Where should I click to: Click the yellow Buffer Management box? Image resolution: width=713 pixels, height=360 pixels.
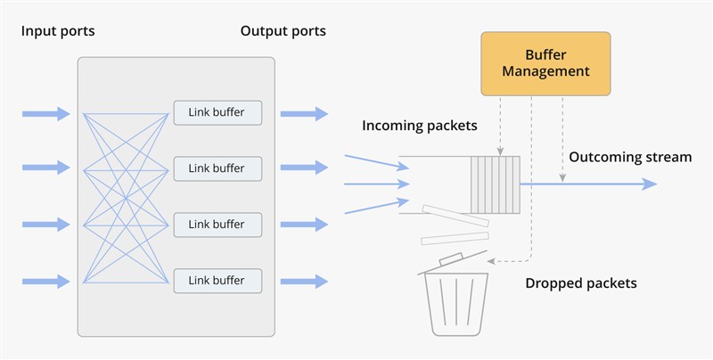tap(545, 63)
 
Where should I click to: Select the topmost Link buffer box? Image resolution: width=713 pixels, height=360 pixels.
tap(217, 113)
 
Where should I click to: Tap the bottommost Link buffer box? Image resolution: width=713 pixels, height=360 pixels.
tap(217, 281)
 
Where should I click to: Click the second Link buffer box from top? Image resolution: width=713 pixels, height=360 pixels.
tap(217, 168)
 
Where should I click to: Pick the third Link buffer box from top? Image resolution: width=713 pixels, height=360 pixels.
tap(217, 225)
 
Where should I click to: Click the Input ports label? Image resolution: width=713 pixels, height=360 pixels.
tap(58, 31)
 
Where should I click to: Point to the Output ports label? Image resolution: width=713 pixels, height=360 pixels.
tap(283, 31)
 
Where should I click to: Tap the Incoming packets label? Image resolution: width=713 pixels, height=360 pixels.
tap(420, 126)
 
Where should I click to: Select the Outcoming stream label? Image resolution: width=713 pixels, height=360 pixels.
tap(630, 157)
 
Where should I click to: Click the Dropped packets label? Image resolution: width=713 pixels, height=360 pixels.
tap(581, 283)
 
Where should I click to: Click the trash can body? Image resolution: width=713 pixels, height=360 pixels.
tap(456, 304)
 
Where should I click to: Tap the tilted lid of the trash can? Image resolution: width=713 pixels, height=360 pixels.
tap(453, 262)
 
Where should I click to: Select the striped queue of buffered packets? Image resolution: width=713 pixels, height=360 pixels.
tap(496, 184)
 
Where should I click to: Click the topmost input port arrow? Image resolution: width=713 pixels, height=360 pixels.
tap(46, 114)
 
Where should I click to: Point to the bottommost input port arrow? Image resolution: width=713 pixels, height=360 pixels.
tap(46, 282)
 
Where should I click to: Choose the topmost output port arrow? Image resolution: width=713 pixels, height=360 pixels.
tap(304, 114)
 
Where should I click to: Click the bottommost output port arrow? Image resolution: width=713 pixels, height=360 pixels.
tap(304, 282)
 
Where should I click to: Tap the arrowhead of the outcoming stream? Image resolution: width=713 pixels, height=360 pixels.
tap(651, 184)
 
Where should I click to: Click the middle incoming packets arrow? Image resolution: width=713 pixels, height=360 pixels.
tap(377, 184)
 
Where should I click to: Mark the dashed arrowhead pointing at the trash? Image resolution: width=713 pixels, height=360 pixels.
tap(490, 261)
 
